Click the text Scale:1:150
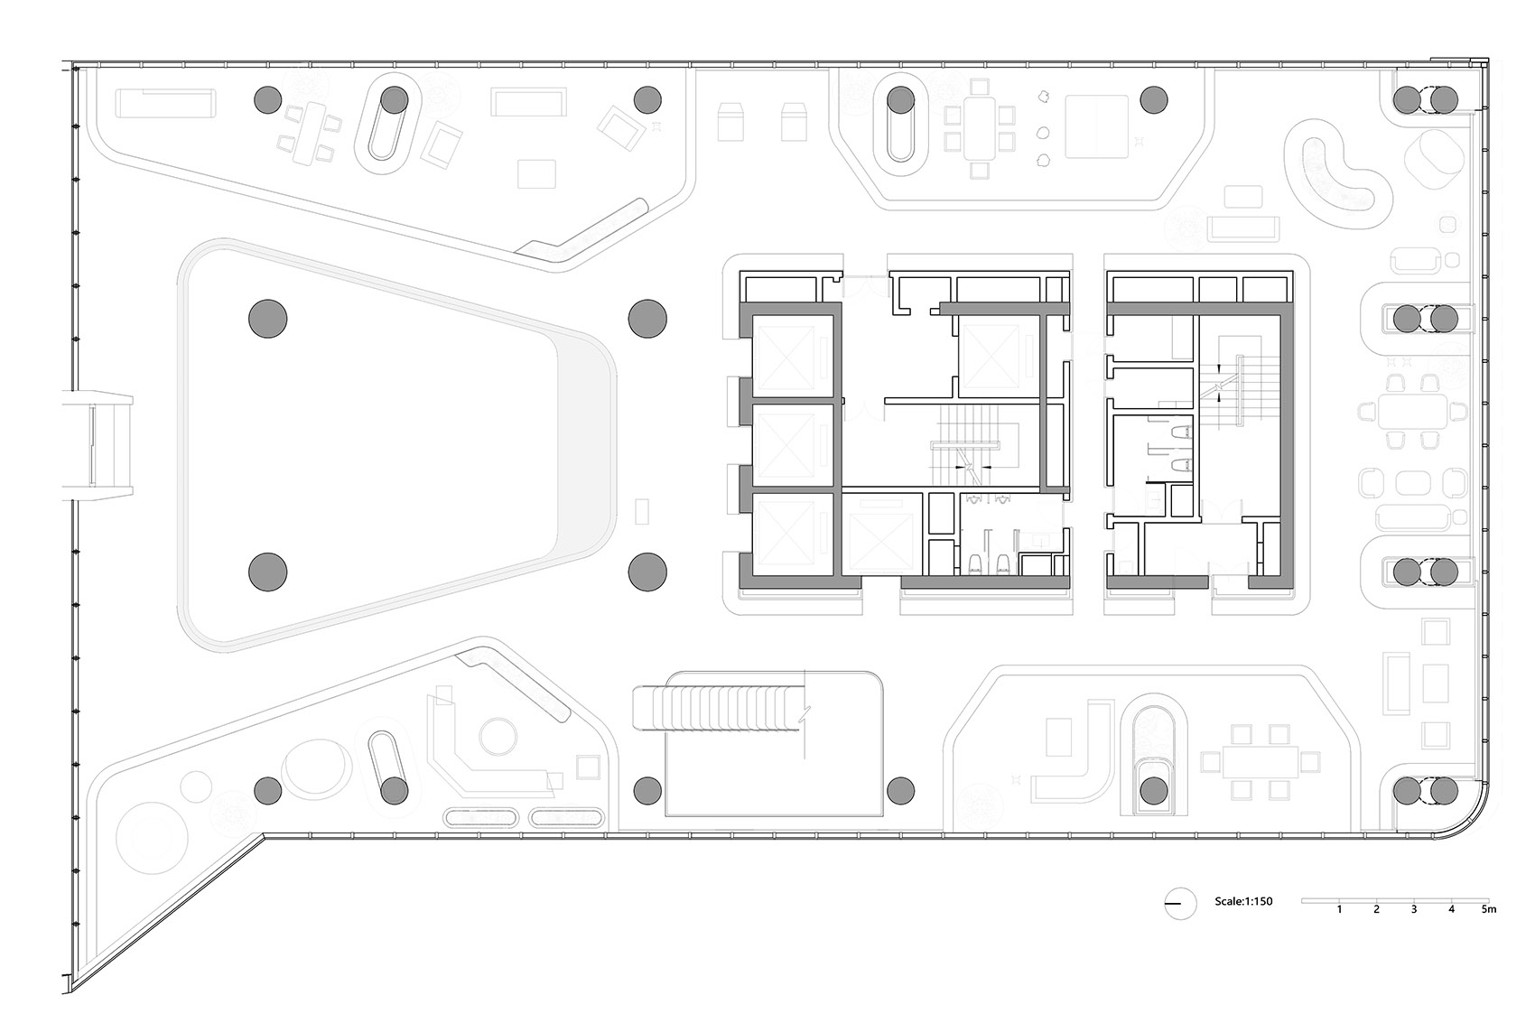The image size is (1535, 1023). [1243, 902]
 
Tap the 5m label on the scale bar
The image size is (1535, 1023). [1488, 910]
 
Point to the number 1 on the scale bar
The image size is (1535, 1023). [1339, 910]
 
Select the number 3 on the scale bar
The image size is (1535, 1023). [1414, 910]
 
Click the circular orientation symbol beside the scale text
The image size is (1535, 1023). [1180, 903]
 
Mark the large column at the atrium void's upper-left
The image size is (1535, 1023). [268, 319]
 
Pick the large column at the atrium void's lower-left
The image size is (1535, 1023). [268, 572]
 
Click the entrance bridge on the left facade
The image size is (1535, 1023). [98, 445]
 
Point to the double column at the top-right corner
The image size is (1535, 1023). [1426, 100]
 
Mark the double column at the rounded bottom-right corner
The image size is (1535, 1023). [1426, 791]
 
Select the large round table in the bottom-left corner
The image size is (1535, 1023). [152, 837]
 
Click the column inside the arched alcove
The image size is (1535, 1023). [1154, 791]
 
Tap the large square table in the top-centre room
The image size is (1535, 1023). [1096, 126]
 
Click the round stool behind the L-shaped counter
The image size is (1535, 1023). [498, 737]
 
